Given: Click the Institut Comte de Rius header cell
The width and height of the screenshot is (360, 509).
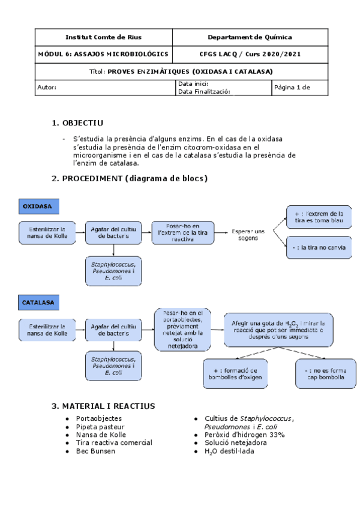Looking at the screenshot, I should (x=103, y=37).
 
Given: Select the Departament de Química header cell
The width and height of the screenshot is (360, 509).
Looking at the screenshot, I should (x=250, y=37).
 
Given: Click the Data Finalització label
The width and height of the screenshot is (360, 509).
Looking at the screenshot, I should (x=204, y=92).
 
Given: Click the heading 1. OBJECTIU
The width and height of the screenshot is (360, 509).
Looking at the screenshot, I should (x=78, y=123).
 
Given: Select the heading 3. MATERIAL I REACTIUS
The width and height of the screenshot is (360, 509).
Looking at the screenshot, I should (x=103, y=406).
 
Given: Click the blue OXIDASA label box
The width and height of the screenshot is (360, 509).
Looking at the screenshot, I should (x=38, y=206).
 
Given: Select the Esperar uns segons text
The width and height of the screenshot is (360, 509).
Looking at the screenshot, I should (x=248, y=234).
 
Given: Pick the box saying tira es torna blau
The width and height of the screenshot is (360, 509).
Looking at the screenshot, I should (x=319, y=217).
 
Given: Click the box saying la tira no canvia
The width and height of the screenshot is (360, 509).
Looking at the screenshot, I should (x=319, y=247).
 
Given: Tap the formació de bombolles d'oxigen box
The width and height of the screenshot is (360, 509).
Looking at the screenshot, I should (x=231, y=373).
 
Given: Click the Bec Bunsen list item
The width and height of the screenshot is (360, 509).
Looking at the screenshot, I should (x=95, y=451).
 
